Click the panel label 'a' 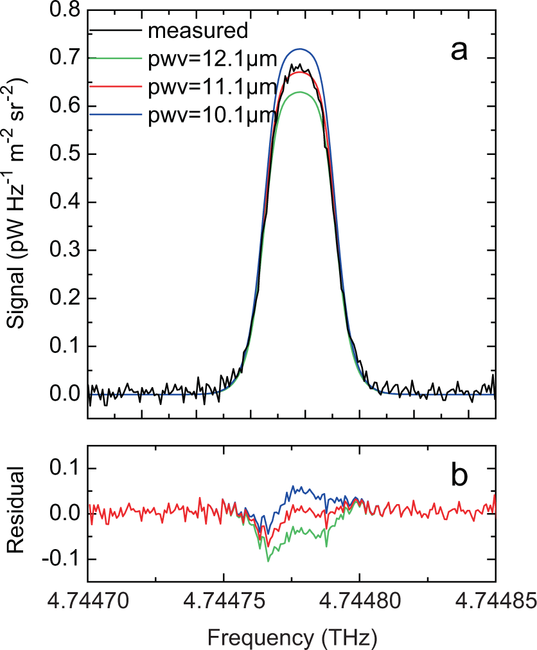[458, 50]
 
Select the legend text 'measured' [197, 30]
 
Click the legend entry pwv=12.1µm [212, 60]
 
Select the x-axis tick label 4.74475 [223, 603]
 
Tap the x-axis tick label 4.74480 [359, 603]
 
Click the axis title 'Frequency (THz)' [292, 636]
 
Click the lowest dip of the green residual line [268, 561]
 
